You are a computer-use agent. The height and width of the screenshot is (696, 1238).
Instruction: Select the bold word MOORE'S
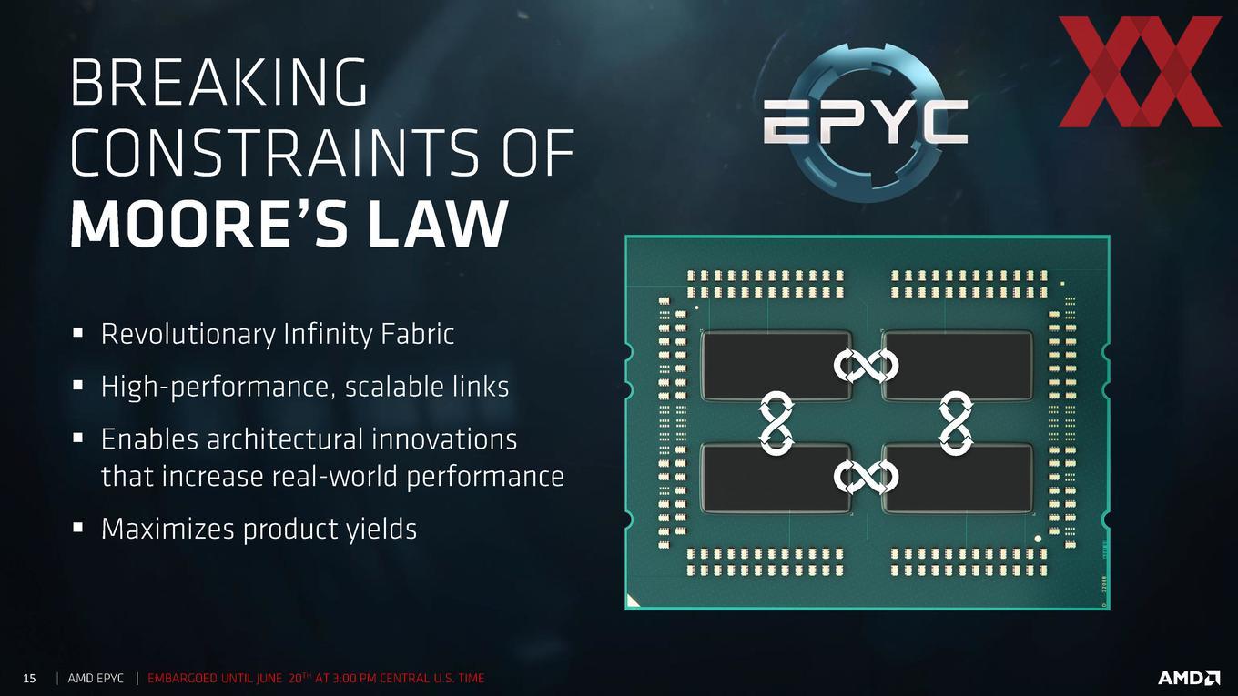tap(213, 223)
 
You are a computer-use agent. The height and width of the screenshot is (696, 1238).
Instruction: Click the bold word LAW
tap(438, 223)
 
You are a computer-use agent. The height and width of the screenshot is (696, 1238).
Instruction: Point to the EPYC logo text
tap(865, 122)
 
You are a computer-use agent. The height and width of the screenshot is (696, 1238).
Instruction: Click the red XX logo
tap(1140, 71)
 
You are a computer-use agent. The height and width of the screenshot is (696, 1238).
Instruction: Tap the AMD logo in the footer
tap(1189, 677)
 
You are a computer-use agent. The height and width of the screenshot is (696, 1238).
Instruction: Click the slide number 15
tap(29, 678)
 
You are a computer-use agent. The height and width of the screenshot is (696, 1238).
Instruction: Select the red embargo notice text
tap(316, 678)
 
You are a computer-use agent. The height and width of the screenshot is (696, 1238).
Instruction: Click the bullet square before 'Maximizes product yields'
tap(78, 528)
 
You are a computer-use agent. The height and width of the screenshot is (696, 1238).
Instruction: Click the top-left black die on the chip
tap(776, 365)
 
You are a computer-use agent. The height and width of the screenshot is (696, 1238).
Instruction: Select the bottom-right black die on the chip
tap(958, 478)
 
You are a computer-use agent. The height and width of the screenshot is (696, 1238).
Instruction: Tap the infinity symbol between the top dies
tap(866, 365)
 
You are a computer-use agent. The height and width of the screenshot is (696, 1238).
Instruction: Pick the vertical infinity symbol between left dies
tap(776, 423)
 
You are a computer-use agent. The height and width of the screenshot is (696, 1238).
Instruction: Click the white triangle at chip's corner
tap(632, 602)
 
